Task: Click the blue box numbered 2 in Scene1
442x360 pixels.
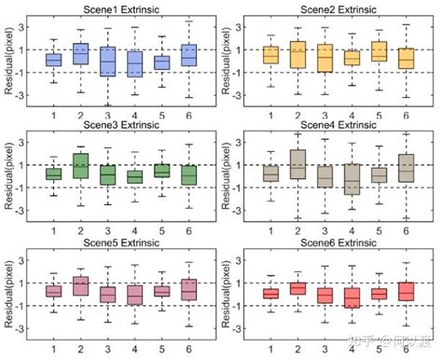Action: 81,54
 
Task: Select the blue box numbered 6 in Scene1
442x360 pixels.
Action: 189,55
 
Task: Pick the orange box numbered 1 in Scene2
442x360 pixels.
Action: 270,54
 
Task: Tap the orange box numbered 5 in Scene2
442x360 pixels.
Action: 379,51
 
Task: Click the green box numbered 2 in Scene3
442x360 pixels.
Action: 81,166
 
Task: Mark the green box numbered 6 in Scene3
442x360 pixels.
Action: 189,174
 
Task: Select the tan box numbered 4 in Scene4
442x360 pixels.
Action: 352,178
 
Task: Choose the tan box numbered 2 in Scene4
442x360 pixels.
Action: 297,164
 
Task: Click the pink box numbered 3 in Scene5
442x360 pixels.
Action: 108,294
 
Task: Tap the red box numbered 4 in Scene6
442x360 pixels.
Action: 352,298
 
